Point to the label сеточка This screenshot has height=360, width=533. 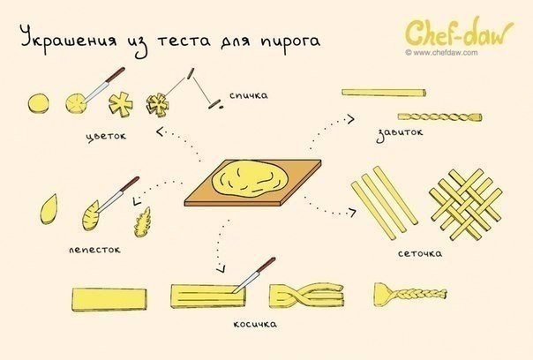click(419, 254)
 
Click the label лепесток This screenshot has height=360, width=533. click(94, 250)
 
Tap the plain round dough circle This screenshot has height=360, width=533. click(40, 104)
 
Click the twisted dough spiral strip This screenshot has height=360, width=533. click(436, 116)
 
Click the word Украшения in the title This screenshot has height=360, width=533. click(66, 41)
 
